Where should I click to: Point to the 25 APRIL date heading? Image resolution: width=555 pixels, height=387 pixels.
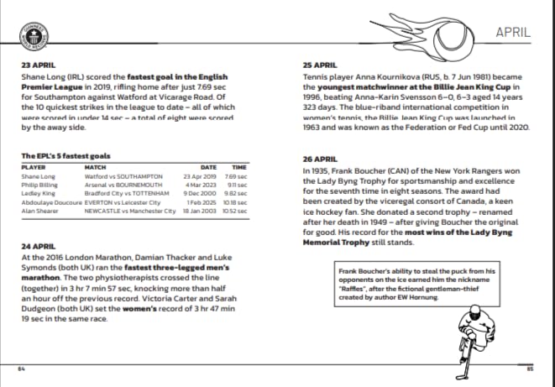pos(319,65)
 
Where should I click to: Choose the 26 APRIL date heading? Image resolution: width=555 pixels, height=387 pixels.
pos(319,159)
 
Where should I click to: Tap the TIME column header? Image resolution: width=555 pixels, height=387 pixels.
pos(239,167)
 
